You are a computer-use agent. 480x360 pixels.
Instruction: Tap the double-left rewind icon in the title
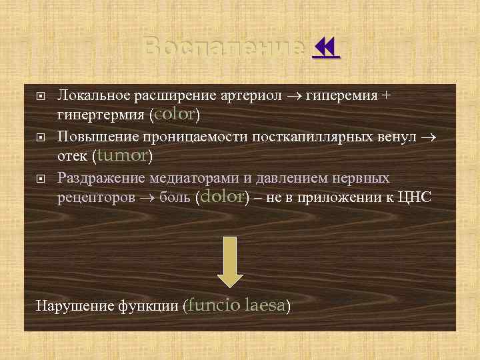coord(326,49)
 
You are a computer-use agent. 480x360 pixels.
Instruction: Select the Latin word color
coord(175,114)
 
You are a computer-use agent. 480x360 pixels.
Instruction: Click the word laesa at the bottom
coord(265,306)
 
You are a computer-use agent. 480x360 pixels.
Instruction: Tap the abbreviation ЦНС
coord(415,198)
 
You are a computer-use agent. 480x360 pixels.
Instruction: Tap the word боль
coord(177,198)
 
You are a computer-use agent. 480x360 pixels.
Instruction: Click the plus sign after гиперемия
coord(386,95)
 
